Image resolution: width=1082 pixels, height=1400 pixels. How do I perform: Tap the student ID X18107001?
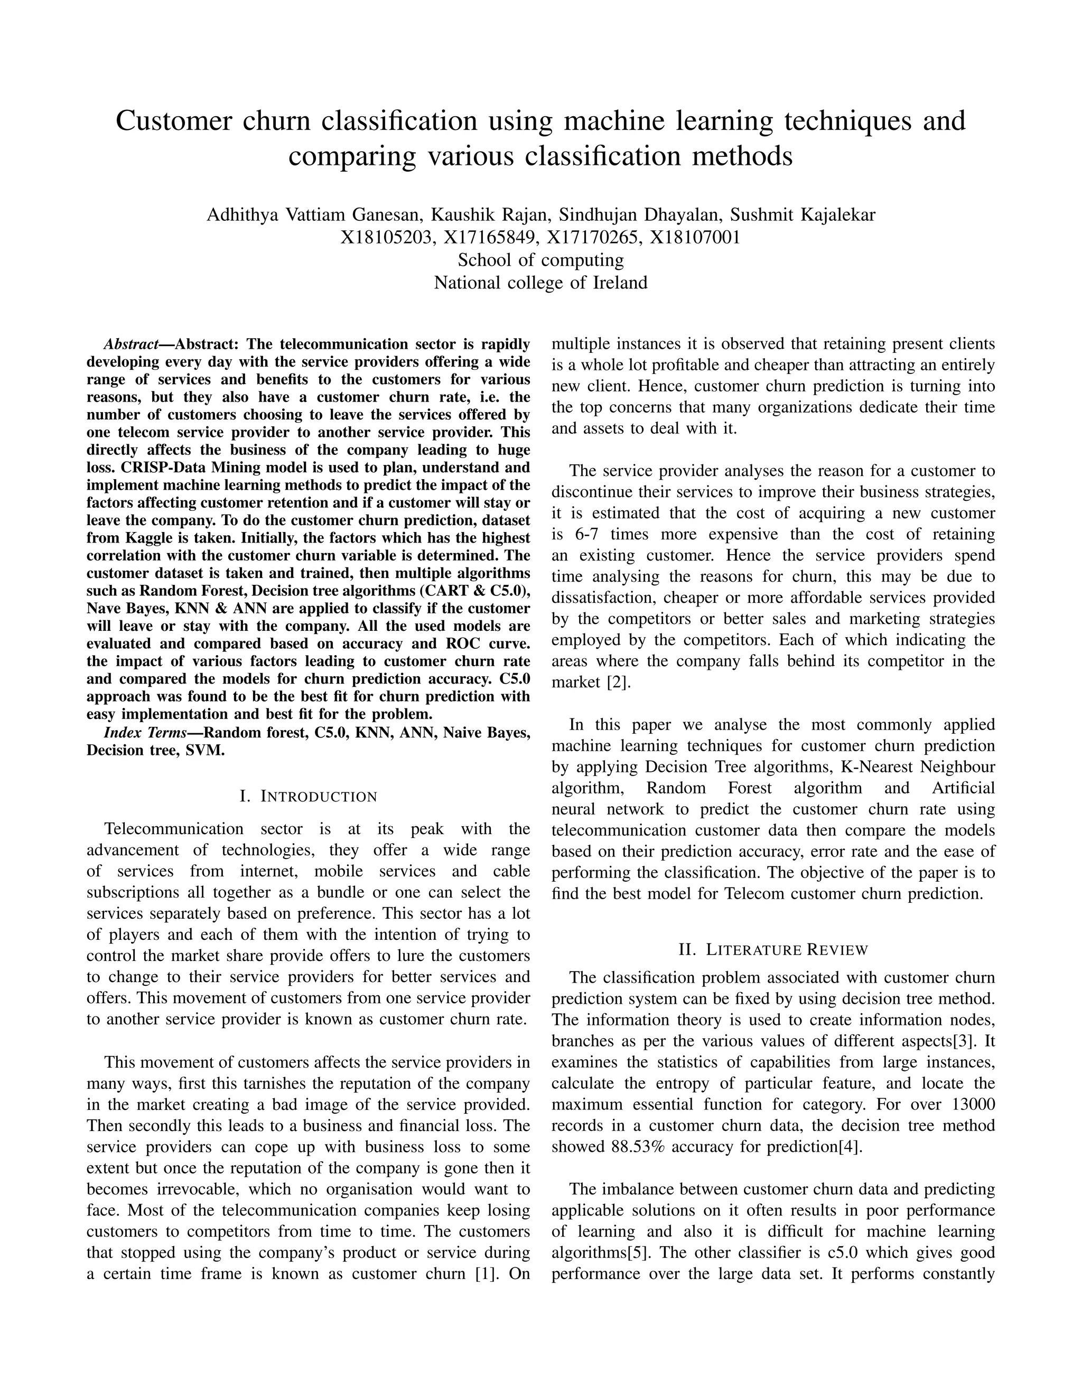(695, 238)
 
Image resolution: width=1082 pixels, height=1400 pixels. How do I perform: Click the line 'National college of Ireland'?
(540, 283)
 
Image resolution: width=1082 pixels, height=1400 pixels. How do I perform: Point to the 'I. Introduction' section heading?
(309, 797)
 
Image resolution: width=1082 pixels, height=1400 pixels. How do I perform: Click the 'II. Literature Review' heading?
(773, 950)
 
